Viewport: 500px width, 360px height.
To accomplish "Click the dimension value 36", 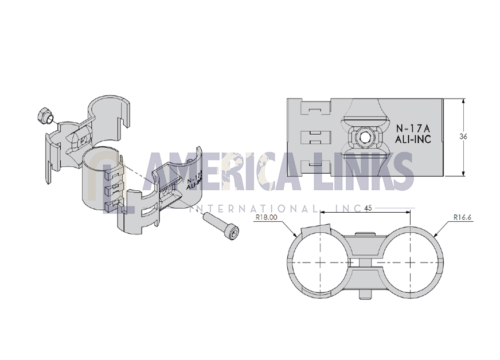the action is (463, 136).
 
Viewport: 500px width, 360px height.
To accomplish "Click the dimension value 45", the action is (368, 208).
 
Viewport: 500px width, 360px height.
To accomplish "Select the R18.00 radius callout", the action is (266, 217).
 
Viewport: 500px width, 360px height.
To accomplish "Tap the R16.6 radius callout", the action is (462, 217).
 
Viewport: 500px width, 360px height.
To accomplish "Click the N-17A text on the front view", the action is (413, 128).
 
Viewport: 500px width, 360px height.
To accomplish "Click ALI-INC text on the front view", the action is (413, 139).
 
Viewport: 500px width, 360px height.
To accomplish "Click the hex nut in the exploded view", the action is (44, 116).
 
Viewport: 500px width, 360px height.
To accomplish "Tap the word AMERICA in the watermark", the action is (223, 171).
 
